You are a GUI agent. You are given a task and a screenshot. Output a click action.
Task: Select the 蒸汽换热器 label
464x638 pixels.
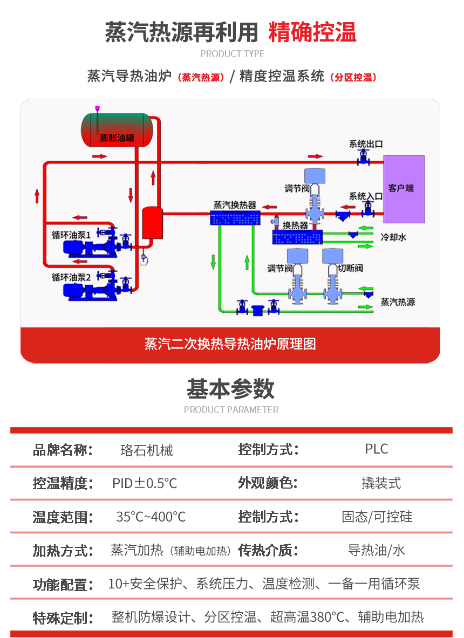click(235, 205)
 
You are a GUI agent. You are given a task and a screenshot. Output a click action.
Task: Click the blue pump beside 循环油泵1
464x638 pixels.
click(81, 247)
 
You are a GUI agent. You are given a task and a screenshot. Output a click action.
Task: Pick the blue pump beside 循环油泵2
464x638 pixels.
click(81, 290)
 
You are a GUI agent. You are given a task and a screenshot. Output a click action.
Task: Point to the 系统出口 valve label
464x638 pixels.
click(365, 144)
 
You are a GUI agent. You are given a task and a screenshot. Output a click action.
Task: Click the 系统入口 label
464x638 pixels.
click(365, 196)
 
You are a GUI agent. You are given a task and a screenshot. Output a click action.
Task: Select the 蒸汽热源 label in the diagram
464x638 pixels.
click(398, 303)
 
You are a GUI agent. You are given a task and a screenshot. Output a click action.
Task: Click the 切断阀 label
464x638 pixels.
click(350, 268)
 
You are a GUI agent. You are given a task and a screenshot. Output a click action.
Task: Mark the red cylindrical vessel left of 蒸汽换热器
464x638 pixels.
click(152, 223)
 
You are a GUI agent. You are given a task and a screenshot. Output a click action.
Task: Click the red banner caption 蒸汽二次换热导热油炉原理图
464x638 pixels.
click(230, 344)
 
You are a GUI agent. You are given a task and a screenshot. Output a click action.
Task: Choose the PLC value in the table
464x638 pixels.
click(376, 449)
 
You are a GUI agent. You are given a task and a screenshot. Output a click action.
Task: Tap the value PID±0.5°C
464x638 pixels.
click(145, 483)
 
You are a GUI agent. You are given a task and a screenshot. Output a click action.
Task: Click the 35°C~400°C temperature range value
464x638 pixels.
click(151, 517)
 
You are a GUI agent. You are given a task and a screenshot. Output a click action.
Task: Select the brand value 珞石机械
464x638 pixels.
click(147, 450)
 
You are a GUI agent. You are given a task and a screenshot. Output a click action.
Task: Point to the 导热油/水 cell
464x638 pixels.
click(376, 551)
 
